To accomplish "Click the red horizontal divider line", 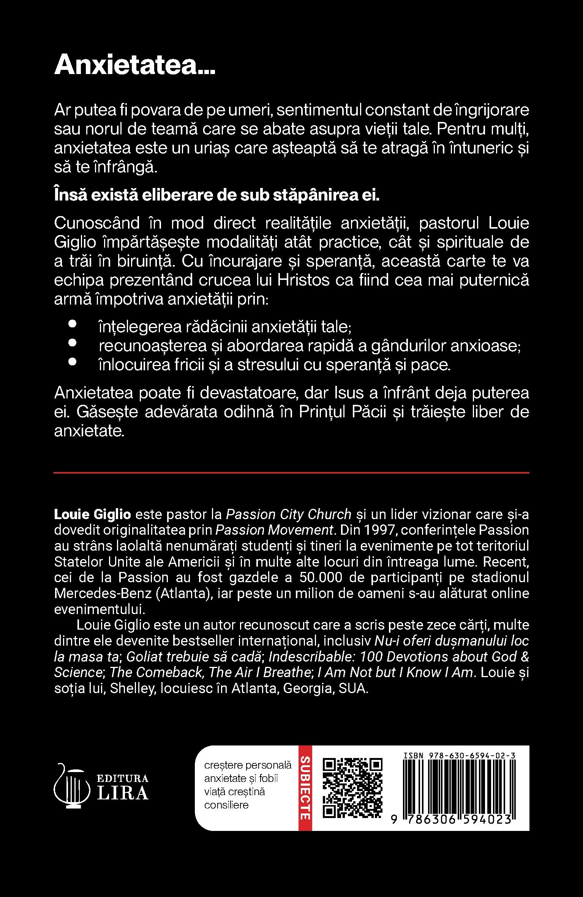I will (291, 473).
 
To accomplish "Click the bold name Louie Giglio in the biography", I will (93, 514).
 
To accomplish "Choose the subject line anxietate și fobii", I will (241, 779).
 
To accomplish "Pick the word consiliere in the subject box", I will (226, 805).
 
